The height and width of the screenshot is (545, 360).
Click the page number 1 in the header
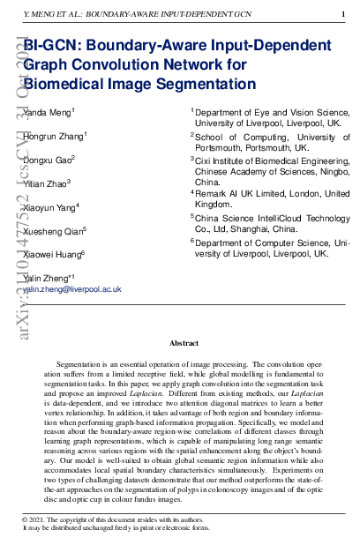[343, 15]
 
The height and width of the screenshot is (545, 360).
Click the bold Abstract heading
[183, 343]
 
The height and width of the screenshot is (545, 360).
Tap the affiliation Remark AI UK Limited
[247, 193]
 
